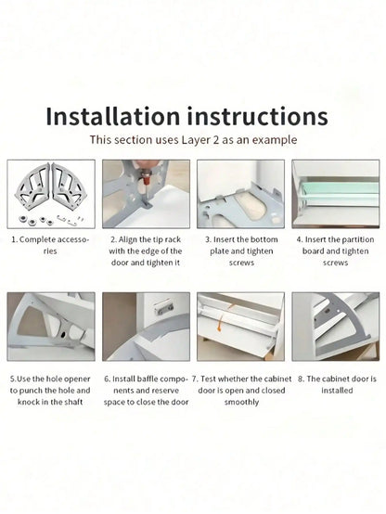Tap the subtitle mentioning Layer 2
[x=193, y=140]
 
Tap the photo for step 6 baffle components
[x=146, y=327]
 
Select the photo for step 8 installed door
[x=336, y=327]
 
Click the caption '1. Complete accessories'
[x=50, y=244]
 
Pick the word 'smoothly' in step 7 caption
[x=240, y=403]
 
